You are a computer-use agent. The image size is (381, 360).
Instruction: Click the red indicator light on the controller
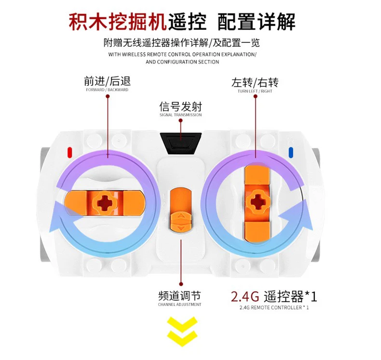[x=70, y=152]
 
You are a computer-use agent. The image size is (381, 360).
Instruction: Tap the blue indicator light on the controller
[x=291, y=152]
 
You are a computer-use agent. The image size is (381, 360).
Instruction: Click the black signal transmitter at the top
[x=181, y=143]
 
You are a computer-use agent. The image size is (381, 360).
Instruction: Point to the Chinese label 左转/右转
[x=255, y=82]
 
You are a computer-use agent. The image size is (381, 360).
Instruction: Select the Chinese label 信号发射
[x=180, y=106]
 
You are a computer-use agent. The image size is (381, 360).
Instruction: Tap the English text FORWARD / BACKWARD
[x=107, y=90]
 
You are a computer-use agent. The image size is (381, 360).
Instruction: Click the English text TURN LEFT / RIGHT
[x=255, y=91]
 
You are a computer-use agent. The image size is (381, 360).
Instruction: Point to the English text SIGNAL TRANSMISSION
[x=180, y=115]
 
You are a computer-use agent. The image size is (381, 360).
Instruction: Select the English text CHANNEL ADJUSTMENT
[x=179, y=305]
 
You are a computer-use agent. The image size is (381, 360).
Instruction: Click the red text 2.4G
[x=245, y=295]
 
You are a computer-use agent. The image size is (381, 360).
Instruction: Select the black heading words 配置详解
[x=256, y=22]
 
